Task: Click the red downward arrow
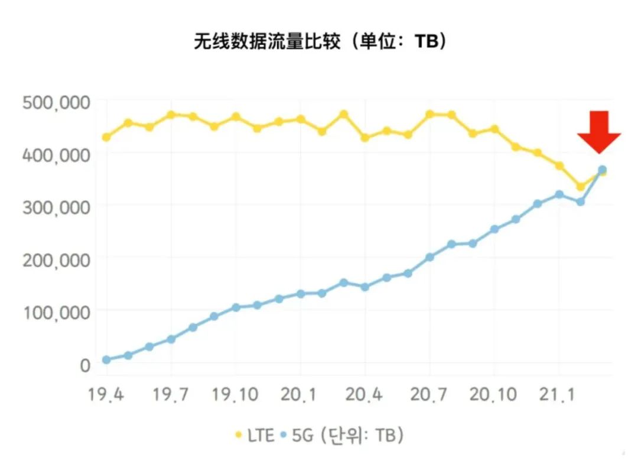(x=598, y=132)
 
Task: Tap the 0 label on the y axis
(x=86, y=365)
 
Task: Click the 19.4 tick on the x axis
(x=106, y=394)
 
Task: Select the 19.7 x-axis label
(x=171, y=394)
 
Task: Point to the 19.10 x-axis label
(x=236, y=394)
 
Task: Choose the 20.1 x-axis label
(x=300, y=394)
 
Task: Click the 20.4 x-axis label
(x=365, y=394)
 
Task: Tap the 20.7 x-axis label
(x=429, y=394)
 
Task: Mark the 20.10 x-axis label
(x=494, y=394)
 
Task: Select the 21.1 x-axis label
(x=559, y=394)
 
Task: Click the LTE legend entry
(x=255, y=436)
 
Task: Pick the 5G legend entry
(x=302, y=436)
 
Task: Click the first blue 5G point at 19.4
(x=106, y=360)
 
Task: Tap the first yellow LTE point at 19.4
(x=106, y=137)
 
